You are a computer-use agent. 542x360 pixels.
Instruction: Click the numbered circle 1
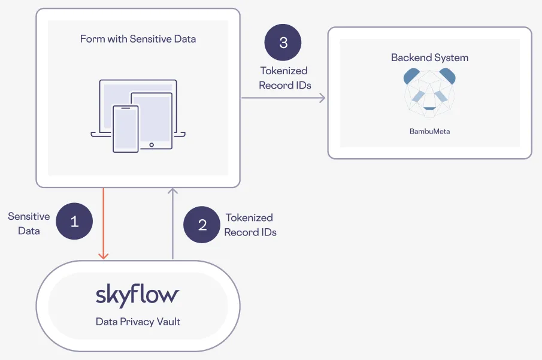tap(74, 222)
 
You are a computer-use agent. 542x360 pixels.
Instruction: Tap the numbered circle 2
tap(202, 225)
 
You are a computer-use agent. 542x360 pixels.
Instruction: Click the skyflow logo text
tap(138, 295)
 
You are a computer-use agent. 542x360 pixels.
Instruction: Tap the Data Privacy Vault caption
tap(138, 322)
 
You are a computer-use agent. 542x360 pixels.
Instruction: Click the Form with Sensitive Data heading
tap(138, 40)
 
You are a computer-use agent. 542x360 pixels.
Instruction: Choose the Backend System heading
tap(429, 58)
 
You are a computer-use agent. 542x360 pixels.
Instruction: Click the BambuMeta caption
tap(429, 131)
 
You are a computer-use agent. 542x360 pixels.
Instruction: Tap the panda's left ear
tap(412, 76)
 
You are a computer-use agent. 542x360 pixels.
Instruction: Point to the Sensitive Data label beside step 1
tap(29, 223)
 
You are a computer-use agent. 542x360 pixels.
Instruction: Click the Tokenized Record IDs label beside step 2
tap(250, 225)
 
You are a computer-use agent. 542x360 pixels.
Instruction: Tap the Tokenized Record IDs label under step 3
tap(284, 78)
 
